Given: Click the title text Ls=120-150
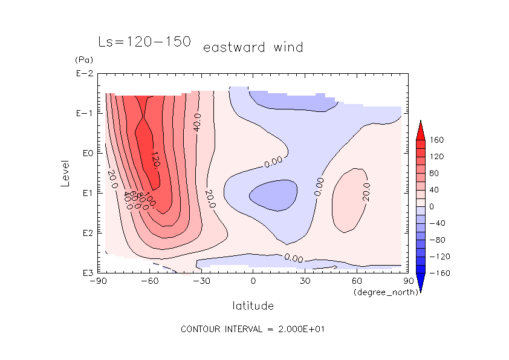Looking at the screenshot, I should [144, 42].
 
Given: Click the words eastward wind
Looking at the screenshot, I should [253, 47].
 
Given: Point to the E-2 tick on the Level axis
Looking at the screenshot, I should [83, 74].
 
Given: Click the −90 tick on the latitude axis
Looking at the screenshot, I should [98, 281].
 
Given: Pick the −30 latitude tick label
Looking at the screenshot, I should [201, 281].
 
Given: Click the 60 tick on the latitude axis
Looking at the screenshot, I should [357, 281].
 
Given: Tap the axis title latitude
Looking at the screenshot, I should [253, 306].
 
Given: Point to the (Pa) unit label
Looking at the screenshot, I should [83, 60].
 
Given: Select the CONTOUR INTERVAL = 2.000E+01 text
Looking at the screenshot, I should [254, 329].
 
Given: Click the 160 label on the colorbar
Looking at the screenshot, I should [437, 140].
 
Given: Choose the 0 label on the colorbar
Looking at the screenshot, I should [432, 206].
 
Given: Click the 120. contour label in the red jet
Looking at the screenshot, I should [155, 160].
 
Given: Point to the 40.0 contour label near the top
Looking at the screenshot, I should [197, 122].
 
